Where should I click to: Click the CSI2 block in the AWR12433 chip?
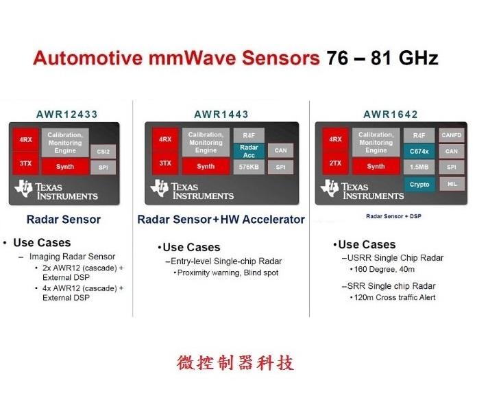point(103,150)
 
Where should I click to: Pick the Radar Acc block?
point(249,150)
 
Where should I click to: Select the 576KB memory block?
point(249,166)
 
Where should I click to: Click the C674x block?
point(419,150)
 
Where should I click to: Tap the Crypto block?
point(419,184)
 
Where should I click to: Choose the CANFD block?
point(452,135)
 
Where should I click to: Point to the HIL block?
point(452,183)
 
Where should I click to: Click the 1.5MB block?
point(419,167)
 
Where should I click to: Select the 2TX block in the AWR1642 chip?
point(335,163)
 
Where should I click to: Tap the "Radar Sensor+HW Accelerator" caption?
point(221,220)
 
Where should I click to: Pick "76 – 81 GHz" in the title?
point(382,58)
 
